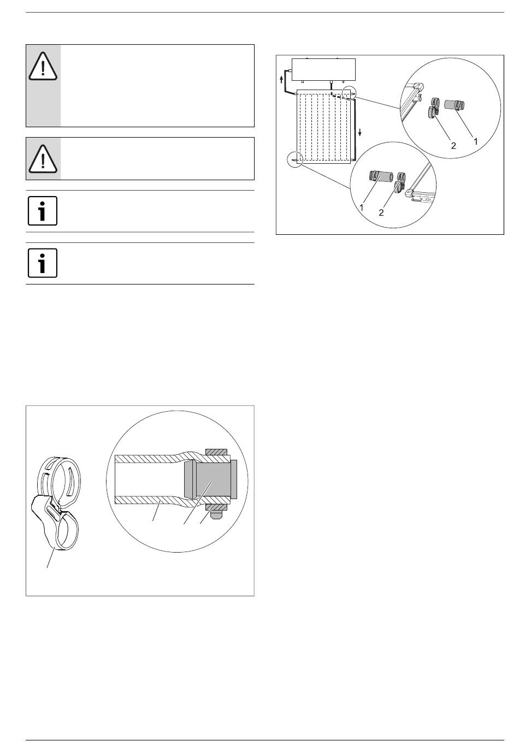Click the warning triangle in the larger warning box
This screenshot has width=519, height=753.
[x=43, y=66]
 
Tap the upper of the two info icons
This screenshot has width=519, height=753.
[x=43, y=211]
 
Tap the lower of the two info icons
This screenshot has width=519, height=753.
[x=43, y=263]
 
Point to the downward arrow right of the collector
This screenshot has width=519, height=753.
[x=360, y=132]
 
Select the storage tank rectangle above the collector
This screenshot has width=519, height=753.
[x=323, y=69]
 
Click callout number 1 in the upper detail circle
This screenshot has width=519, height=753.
[x=476, y=141]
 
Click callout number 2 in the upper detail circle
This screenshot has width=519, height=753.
[x=453, y=146]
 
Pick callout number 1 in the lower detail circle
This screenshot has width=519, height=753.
[x=362, y=207]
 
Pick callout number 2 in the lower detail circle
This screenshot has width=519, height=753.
[x=381, y=212]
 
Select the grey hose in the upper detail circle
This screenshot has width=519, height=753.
[x=454, y=105]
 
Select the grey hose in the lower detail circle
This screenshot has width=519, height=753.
[x=381, y=176]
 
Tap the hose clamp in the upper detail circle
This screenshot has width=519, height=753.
[x=434, y=108]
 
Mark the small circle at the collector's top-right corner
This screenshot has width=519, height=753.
[x=349, y=92]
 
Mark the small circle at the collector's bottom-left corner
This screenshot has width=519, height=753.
[x=295, y=159]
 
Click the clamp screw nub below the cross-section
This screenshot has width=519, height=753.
[x=215, y=515]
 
